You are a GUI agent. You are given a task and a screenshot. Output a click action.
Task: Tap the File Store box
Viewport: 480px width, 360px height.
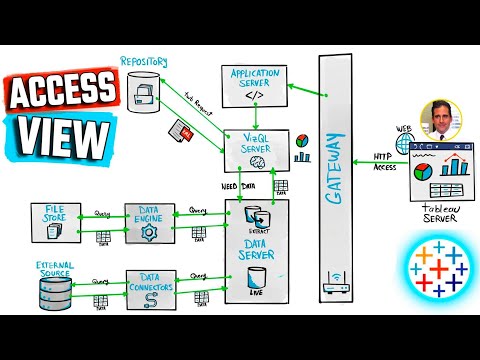(x=58, y=219)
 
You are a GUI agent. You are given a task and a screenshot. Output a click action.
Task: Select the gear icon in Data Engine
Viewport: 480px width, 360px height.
(x=150, y=232)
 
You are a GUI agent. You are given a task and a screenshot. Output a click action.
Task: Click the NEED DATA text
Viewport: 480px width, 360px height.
(x=239, y=185)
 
